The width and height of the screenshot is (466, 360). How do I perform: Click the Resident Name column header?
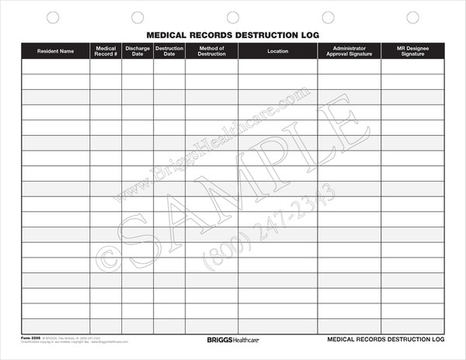pyautogui.click(x=56, y=51)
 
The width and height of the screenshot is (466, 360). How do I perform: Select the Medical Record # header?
pyautogui.click(x=106, y=51)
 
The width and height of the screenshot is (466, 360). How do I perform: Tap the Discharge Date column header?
pyautogui.click(x=137, y=51)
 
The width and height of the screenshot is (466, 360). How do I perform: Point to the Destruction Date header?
pyautogui.click(x=169, y=51)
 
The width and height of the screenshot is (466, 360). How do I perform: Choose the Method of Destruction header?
pyautogui.click(x=211, y=51)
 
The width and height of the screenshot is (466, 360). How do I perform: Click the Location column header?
pyautogui.click(x=277, y=51)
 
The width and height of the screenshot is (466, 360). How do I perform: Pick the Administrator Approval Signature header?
pyautogui.click(x=349, y=51)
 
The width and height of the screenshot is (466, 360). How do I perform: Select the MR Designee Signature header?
pyautogui.click(x=412, y=51)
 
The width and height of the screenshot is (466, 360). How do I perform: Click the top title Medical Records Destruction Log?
pyautogui.click(x=233, y=35)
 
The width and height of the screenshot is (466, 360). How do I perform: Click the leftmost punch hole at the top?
pyautogui.click(x=53, y=17)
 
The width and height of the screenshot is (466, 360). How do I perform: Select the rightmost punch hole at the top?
pyautogui.click(x=413, y=17)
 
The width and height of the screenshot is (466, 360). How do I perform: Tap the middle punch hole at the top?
pyautogui.click(x=232, y=17)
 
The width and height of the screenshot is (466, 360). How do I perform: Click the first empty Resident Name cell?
pyautogui.click(x=56, y=67)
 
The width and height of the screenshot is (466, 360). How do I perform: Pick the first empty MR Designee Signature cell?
pyautogui.click(x=412, y=67)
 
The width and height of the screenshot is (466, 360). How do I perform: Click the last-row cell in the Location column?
pyautogui.click(x=277, y=326)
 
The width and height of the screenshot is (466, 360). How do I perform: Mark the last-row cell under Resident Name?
pyautogui.click(x=56, y=326)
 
